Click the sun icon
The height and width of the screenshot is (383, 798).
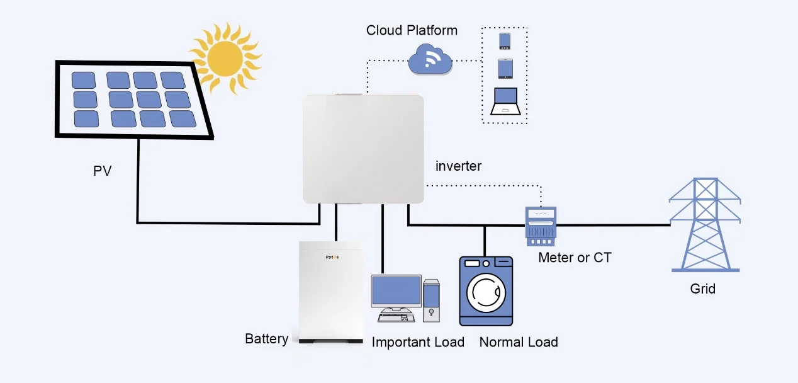pyautogui.click(x=225, y=58)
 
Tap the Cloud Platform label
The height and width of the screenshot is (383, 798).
pyautogui.click(x=412, y=30)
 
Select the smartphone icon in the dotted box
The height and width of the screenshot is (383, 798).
pyautogui.click(x=505, y=41)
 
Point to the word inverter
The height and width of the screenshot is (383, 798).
pyautogui.click(x=458, y=166)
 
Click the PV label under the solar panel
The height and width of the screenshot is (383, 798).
pyautogui.click(x=103, y=171)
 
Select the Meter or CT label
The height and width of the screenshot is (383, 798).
pyautogui.click(x=575, y=258)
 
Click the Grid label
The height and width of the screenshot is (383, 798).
pyautogui.click(x=702, y=289)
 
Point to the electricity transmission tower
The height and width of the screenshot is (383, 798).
pyautogui.click(x=704, y=225)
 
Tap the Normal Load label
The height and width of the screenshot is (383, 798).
pyautogui.click(x=519, y=342)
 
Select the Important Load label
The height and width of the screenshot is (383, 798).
pyautogui.click(x=418, y=342)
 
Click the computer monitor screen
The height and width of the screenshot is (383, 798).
pyautogui.click(x=396, y=291)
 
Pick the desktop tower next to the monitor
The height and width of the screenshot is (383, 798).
pyautogui.click(x=431, y=300)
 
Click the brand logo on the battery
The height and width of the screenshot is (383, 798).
pyautogui.click(x=332, y=257)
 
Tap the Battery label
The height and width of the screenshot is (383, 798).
pyautogui.click(x=266, y=339)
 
